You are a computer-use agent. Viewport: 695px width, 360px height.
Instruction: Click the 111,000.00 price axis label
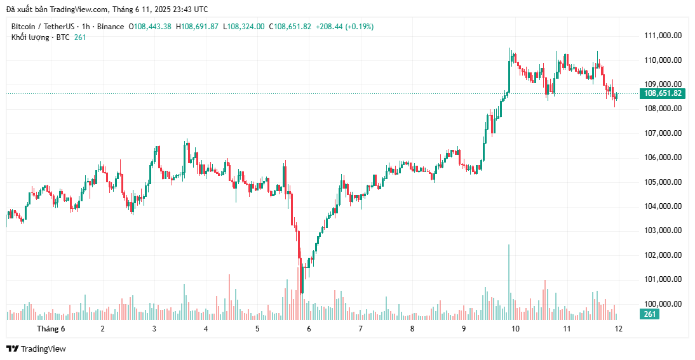[663, 36]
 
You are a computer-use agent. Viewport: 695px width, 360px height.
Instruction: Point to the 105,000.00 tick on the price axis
[663, 182]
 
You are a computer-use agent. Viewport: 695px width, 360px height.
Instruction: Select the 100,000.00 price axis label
[663, 304]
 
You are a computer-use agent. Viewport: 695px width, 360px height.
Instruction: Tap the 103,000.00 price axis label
[663, 231]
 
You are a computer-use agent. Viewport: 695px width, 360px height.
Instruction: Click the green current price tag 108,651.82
[663, 93]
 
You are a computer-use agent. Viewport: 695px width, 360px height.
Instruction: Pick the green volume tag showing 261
[650, 314]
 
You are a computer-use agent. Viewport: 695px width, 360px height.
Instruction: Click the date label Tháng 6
[51, 329]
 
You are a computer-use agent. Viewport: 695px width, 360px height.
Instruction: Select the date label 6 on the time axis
[309, 329]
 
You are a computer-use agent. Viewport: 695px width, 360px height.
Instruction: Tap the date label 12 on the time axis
[618, 329]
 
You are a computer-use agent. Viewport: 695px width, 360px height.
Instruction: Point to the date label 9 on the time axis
[464, 329]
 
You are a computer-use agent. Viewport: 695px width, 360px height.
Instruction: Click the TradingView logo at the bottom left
[36, 349]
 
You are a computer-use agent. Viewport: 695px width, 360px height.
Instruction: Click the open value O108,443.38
[150, 27]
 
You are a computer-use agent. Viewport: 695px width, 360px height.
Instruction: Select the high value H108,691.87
[197, 27]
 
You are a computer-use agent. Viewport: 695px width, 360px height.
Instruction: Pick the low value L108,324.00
[244, 27]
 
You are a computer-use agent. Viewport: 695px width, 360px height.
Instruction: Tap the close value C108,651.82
[290, 27]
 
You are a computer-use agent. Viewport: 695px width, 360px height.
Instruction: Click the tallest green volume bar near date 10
[509, 279]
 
